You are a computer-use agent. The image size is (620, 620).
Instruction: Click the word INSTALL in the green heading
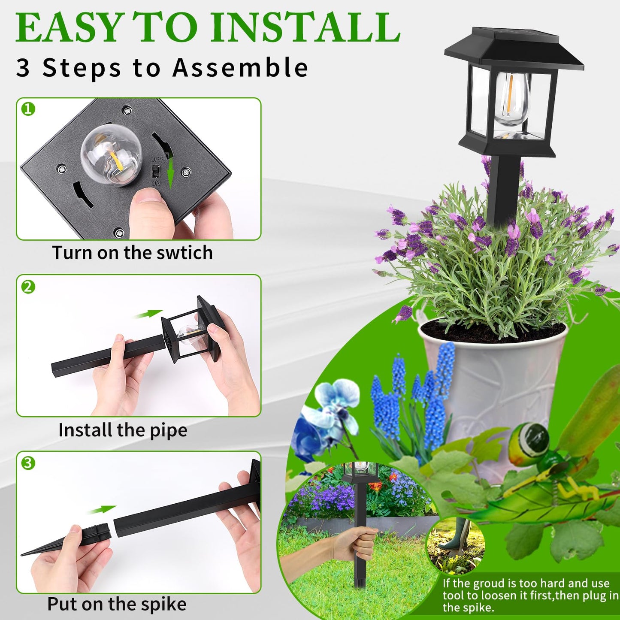(x=305, y=28)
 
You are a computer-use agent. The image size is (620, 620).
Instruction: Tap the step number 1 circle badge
(x=28, y=109)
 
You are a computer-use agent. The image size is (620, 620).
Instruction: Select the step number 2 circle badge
(x=28, y=287)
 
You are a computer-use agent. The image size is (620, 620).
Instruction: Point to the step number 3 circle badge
(x=28, y=463)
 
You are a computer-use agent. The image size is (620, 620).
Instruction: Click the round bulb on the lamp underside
(x=111, y=154)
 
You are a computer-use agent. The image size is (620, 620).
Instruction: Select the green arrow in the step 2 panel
(x=148, y=315)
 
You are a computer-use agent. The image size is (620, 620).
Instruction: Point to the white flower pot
(x=493, y=386)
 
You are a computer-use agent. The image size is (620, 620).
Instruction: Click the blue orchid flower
(x=330, y=412)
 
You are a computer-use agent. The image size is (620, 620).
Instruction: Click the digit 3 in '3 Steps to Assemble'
(x=23, y=68)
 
